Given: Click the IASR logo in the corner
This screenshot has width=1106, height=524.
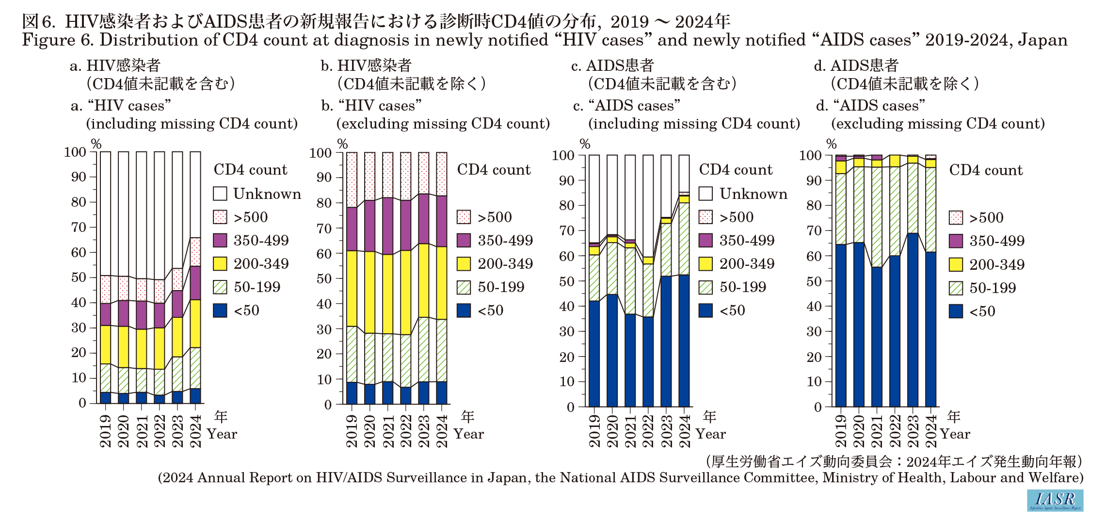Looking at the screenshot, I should coord(1055,500).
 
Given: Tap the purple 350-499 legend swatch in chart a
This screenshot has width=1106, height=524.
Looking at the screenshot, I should coord(220,240).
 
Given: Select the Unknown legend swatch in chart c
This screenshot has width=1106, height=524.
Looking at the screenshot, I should coord(705,194).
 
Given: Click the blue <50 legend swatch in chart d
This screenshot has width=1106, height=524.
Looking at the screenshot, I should coord(956,311).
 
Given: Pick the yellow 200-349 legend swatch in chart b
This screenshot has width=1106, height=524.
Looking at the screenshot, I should coord(464,263).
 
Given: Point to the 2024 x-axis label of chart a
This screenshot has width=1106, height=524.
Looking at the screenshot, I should coord(195,431).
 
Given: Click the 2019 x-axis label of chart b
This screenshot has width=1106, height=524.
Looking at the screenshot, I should coord(352,431).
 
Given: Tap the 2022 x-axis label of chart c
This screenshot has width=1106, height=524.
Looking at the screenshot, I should coord(648,431).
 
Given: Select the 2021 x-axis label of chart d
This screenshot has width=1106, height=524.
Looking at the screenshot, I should coord(877,431).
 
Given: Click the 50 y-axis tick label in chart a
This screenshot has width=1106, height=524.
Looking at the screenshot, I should coord(79,278).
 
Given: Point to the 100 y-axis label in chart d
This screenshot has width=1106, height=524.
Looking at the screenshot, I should coord(810,156).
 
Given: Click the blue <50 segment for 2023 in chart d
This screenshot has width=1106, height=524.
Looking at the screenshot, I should coord(913,320).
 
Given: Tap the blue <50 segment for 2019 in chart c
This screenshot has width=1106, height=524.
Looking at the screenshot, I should coord(594,354).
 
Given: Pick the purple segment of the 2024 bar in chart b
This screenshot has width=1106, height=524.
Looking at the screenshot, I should coord(442,221).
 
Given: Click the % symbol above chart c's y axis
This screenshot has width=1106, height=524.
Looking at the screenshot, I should coord(585,144).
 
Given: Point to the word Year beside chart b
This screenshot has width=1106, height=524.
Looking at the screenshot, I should coord(468,434).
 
